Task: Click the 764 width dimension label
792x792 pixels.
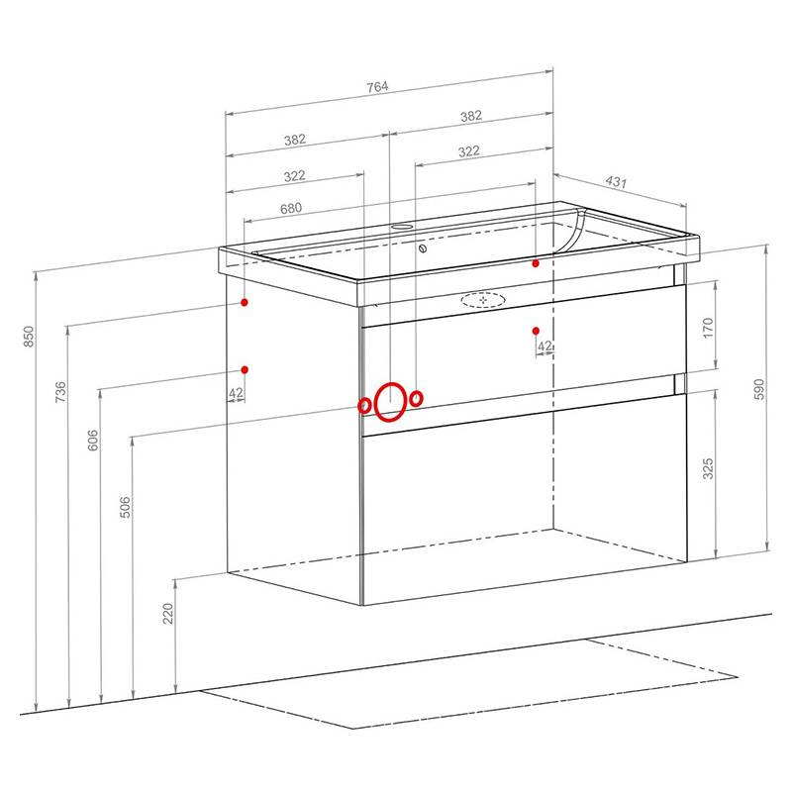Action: click(377, 87)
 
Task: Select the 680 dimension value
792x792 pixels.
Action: click(291, 208)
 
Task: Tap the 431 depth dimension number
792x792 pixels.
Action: click(616, 181)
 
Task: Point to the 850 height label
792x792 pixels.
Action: click(29, 337)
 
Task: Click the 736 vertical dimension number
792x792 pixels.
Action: click(60, 392)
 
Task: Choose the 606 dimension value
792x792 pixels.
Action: click(93, 440)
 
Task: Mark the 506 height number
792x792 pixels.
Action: click(125, 507)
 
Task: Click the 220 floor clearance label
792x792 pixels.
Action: click(168, 613)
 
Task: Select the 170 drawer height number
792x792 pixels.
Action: click(708, 328)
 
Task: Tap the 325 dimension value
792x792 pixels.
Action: click(708, 468)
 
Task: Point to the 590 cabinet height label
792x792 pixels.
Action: click(759, 389)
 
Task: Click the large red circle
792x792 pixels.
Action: click(374, 402)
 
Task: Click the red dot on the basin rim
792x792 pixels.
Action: click(536, 263)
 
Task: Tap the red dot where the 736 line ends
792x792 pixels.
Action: click(245, 302)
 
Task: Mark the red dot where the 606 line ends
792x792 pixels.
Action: click(245, 369)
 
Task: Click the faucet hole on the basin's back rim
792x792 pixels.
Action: click(402, 227)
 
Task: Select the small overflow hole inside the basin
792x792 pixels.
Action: click(423, 248)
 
